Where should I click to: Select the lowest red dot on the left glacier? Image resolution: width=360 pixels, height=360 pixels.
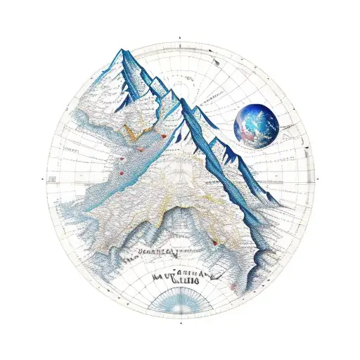121,173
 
